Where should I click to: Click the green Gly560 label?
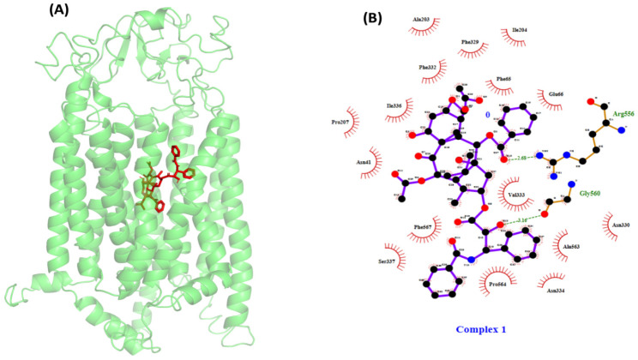[589, 194]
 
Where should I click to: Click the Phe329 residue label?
[470, 40]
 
